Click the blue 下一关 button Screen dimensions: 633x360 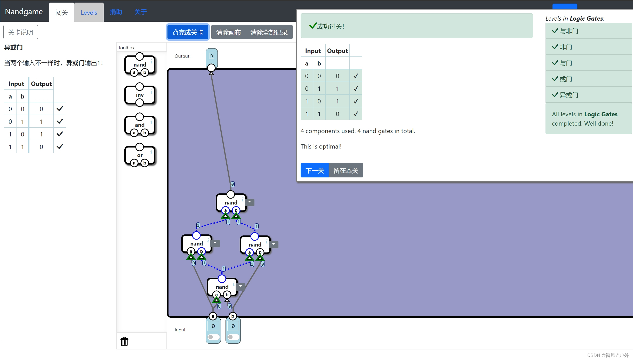pos(315,170)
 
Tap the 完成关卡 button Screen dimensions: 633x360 pos(188,32)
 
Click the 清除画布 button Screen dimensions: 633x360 pos(228,32)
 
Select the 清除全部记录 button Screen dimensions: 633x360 pos(269,32)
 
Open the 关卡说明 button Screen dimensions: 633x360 pos(21,32)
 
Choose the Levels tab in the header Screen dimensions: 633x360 pos(89,12)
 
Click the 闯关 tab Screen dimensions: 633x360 pos(61,12)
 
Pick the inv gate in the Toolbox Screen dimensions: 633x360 pos(140,95)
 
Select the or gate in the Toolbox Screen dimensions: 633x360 pos(140,155)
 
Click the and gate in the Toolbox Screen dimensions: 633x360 pos(140,125)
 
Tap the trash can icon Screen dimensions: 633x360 pos(124,341)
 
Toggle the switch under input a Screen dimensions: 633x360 pos(213,337)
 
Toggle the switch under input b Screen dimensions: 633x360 pos(233,337)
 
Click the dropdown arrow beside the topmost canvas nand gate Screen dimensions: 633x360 pos(250,202)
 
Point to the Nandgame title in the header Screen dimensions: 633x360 pos(24,12)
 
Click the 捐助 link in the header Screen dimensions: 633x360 pos(116,12)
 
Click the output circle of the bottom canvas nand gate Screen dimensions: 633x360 pos(222,279)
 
